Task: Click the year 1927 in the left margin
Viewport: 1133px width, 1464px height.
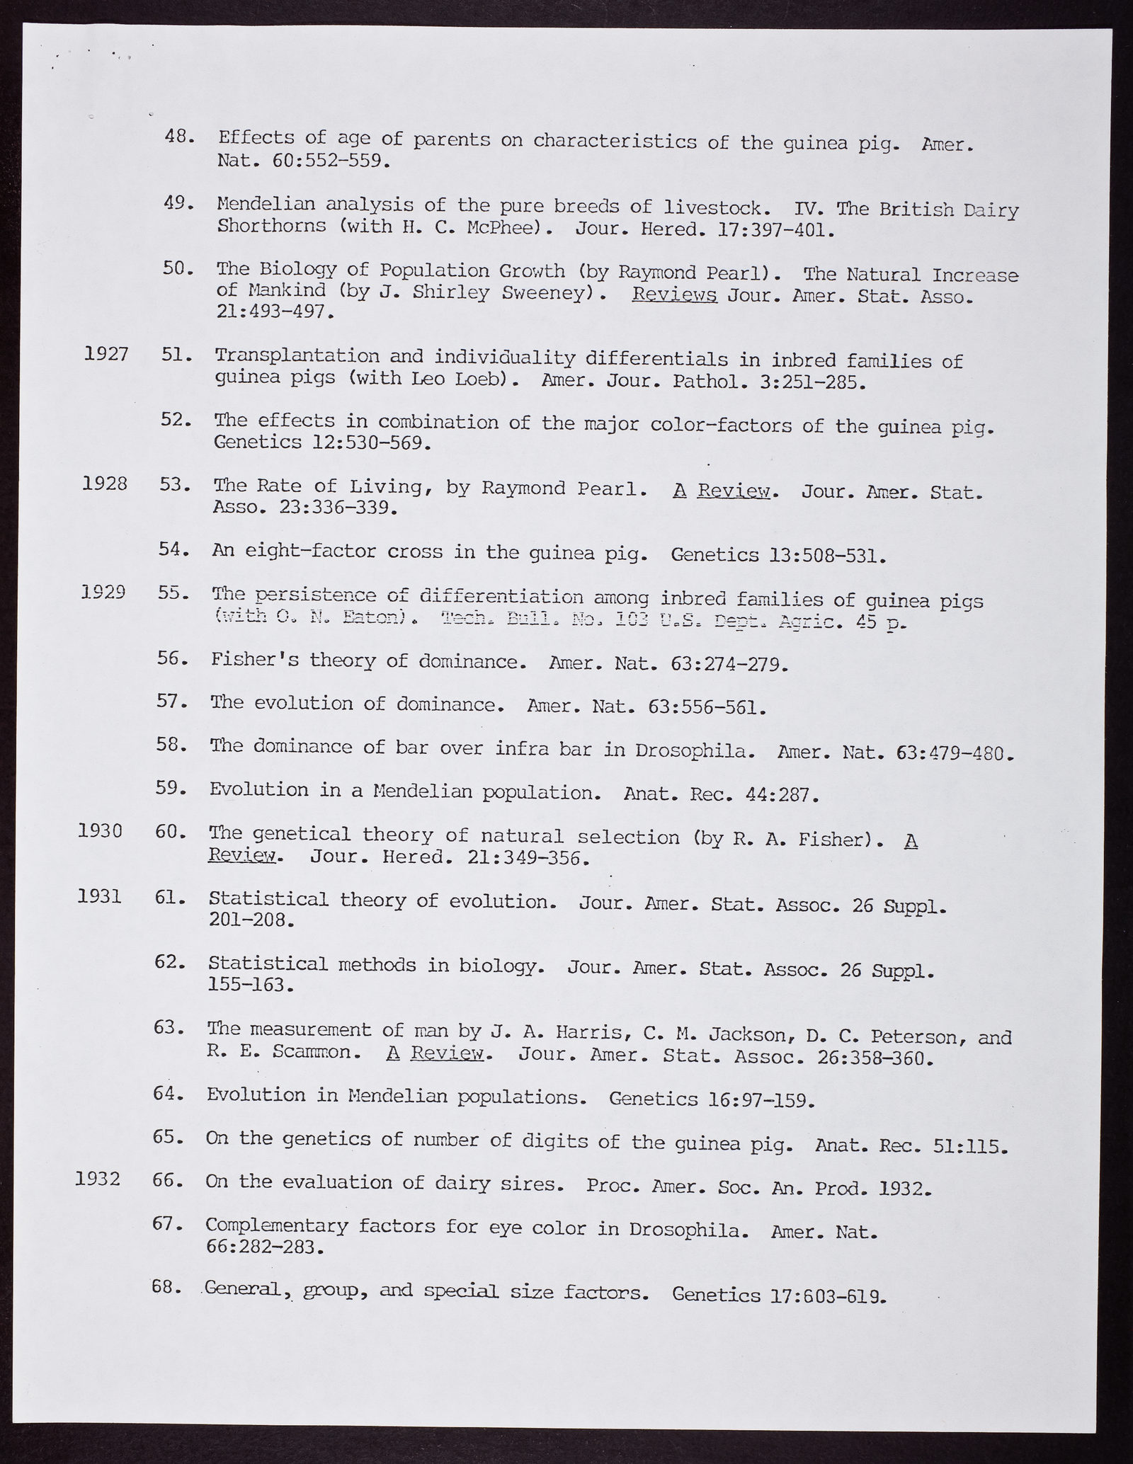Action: click(x=106, y=353)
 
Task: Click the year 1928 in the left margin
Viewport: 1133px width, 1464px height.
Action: click(x=105, y=484)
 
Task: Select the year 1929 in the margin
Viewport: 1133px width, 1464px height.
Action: click(x=103, y=591)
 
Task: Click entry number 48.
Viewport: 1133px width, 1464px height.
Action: click(x=179, y=136)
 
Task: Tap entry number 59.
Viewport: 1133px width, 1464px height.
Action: click(x=171, y=787)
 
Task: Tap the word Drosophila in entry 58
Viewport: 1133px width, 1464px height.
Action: click(x=692, y=750)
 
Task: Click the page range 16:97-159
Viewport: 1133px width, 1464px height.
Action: click(x=762, y=1099)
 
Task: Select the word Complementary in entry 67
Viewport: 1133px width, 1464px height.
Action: click(x=277, y=1225)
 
